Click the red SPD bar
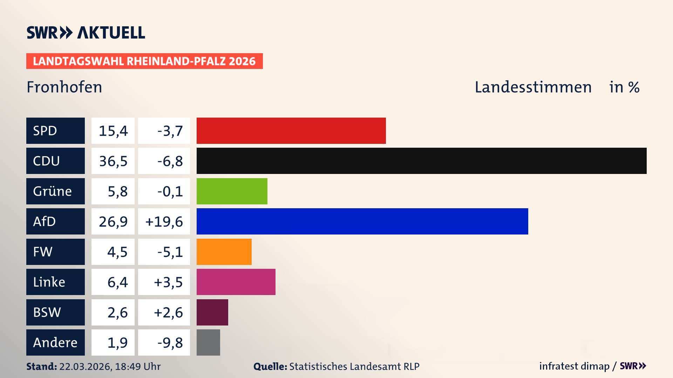(x=291, y=131)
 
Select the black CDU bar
(x=421, y=161)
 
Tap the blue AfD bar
(x=362, y=221)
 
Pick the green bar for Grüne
(x=232, y=191)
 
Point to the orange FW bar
(x=224, y=252)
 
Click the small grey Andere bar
(x=208, y=342)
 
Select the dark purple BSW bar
(x=212, y=312)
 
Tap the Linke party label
(x=55, y=282)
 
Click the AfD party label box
(x=55, y=221)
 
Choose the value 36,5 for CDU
(x=113, y=161)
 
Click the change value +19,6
(x=164, y=222)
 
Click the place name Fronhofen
(x=64, y=87)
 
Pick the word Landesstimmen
(x=533, y=87)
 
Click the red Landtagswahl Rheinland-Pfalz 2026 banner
(x=144, y=61)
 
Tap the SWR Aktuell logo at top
(x=86, y=33)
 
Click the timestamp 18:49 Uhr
(x=138, y=366)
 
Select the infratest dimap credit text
(x=574, y=366)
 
